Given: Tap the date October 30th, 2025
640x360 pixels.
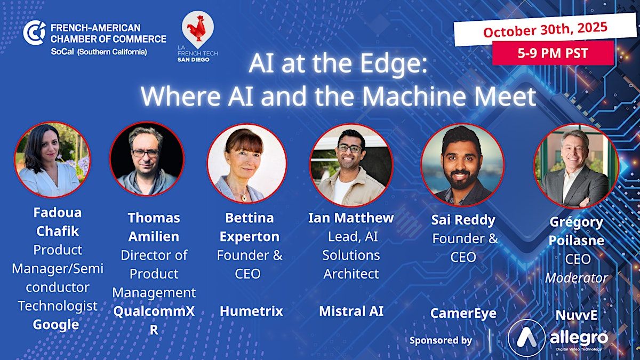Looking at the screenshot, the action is pyautogui.click(x=545, y=29).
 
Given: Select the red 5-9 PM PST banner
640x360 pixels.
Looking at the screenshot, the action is pyautogui.click(x=553, y=53).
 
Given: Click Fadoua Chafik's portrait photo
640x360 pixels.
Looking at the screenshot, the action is pyautogui.click(x=52, y=159).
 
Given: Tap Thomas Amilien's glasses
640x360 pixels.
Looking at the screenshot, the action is pyautogui.click(x=146, y=153).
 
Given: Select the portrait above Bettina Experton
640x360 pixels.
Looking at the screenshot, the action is pyautogui.click(x=247, y=163).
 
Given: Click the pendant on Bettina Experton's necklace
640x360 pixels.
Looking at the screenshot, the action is pyautogui.click(x=244, y=197).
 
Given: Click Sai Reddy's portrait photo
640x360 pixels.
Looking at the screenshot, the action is pyautogui.click(x=462, y=165).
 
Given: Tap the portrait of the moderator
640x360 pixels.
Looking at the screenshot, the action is pyautogui.click(x=577, y=165).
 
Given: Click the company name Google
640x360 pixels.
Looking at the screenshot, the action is pyautogui.click(x=56, y=325).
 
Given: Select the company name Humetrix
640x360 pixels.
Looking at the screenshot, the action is pyautogui.click(x=251, y=311).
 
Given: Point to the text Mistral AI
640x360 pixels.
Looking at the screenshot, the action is pyautogui.click(x=351, y=311).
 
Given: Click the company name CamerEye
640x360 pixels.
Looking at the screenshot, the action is pyautogui.click(x=463, y=314).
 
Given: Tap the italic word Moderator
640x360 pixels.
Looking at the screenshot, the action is pyautogui.click(x=577, y=278).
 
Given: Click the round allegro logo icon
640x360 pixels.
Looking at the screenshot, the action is pyautogui.click(x=526, y=338).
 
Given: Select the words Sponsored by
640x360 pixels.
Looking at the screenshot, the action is pyautogui.click(x=441, y=341).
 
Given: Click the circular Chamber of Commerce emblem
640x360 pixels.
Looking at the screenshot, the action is pyautogui.click(x=34, y=33).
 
